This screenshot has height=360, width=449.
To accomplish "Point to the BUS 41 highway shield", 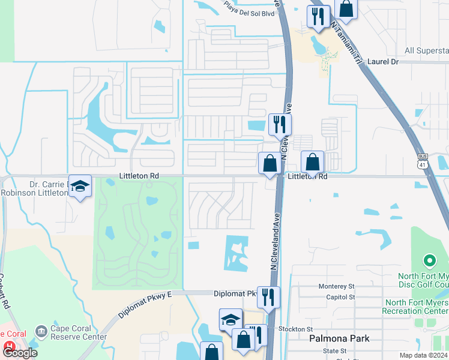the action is [x=423, y=161].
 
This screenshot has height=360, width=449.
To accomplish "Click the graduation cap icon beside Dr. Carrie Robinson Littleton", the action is [x=79, y=187].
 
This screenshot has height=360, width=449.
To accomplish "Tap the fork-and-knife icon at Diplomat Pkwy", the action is [x=268, y=296].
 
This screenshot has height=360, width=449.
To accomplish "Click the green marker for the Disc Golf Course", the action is [x=429, y=261].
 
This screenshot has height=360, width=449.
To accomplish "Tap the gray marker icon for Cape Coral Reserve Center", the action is [x=41, y=331].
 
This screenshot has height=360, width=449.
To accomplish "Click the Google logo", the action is [x=20, y=353].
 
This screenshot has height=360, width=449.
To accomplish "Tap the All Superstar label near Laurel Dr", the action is [x=426, y=50].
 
